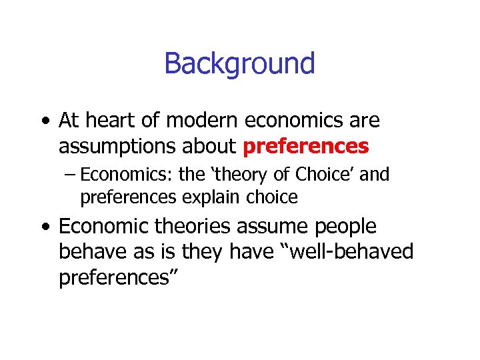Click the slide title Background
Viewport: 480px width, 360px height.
tap(239, 64)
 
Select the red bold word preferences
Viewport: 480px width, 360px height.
tap(306, 146)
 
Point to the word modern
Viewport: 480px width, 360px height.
tap(197, 121)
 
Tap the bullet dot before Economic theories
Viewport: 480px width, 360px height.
tap(43, 228)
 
